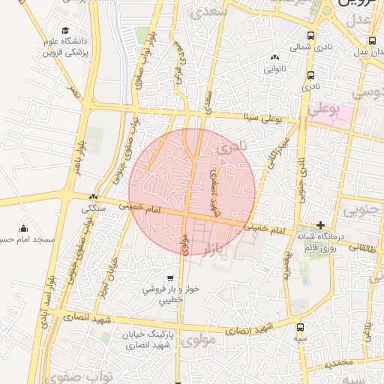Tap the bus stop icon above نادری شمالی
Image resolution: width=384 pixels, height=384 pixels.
[310, 36]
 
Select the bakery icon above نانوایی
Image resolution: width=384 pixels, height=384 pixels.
[274, 58]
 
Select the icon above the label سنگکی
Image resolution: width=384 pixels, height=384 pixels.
[93, 196]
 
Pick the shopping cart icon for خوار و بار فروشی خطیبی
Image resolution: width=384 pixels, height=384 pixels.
[172, 277]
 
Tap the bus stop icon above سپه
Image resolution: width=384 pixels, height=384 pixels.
[301, 327]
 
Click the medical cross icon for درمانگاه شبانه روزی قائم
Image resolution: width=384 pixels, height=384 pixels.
[320, 225]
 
